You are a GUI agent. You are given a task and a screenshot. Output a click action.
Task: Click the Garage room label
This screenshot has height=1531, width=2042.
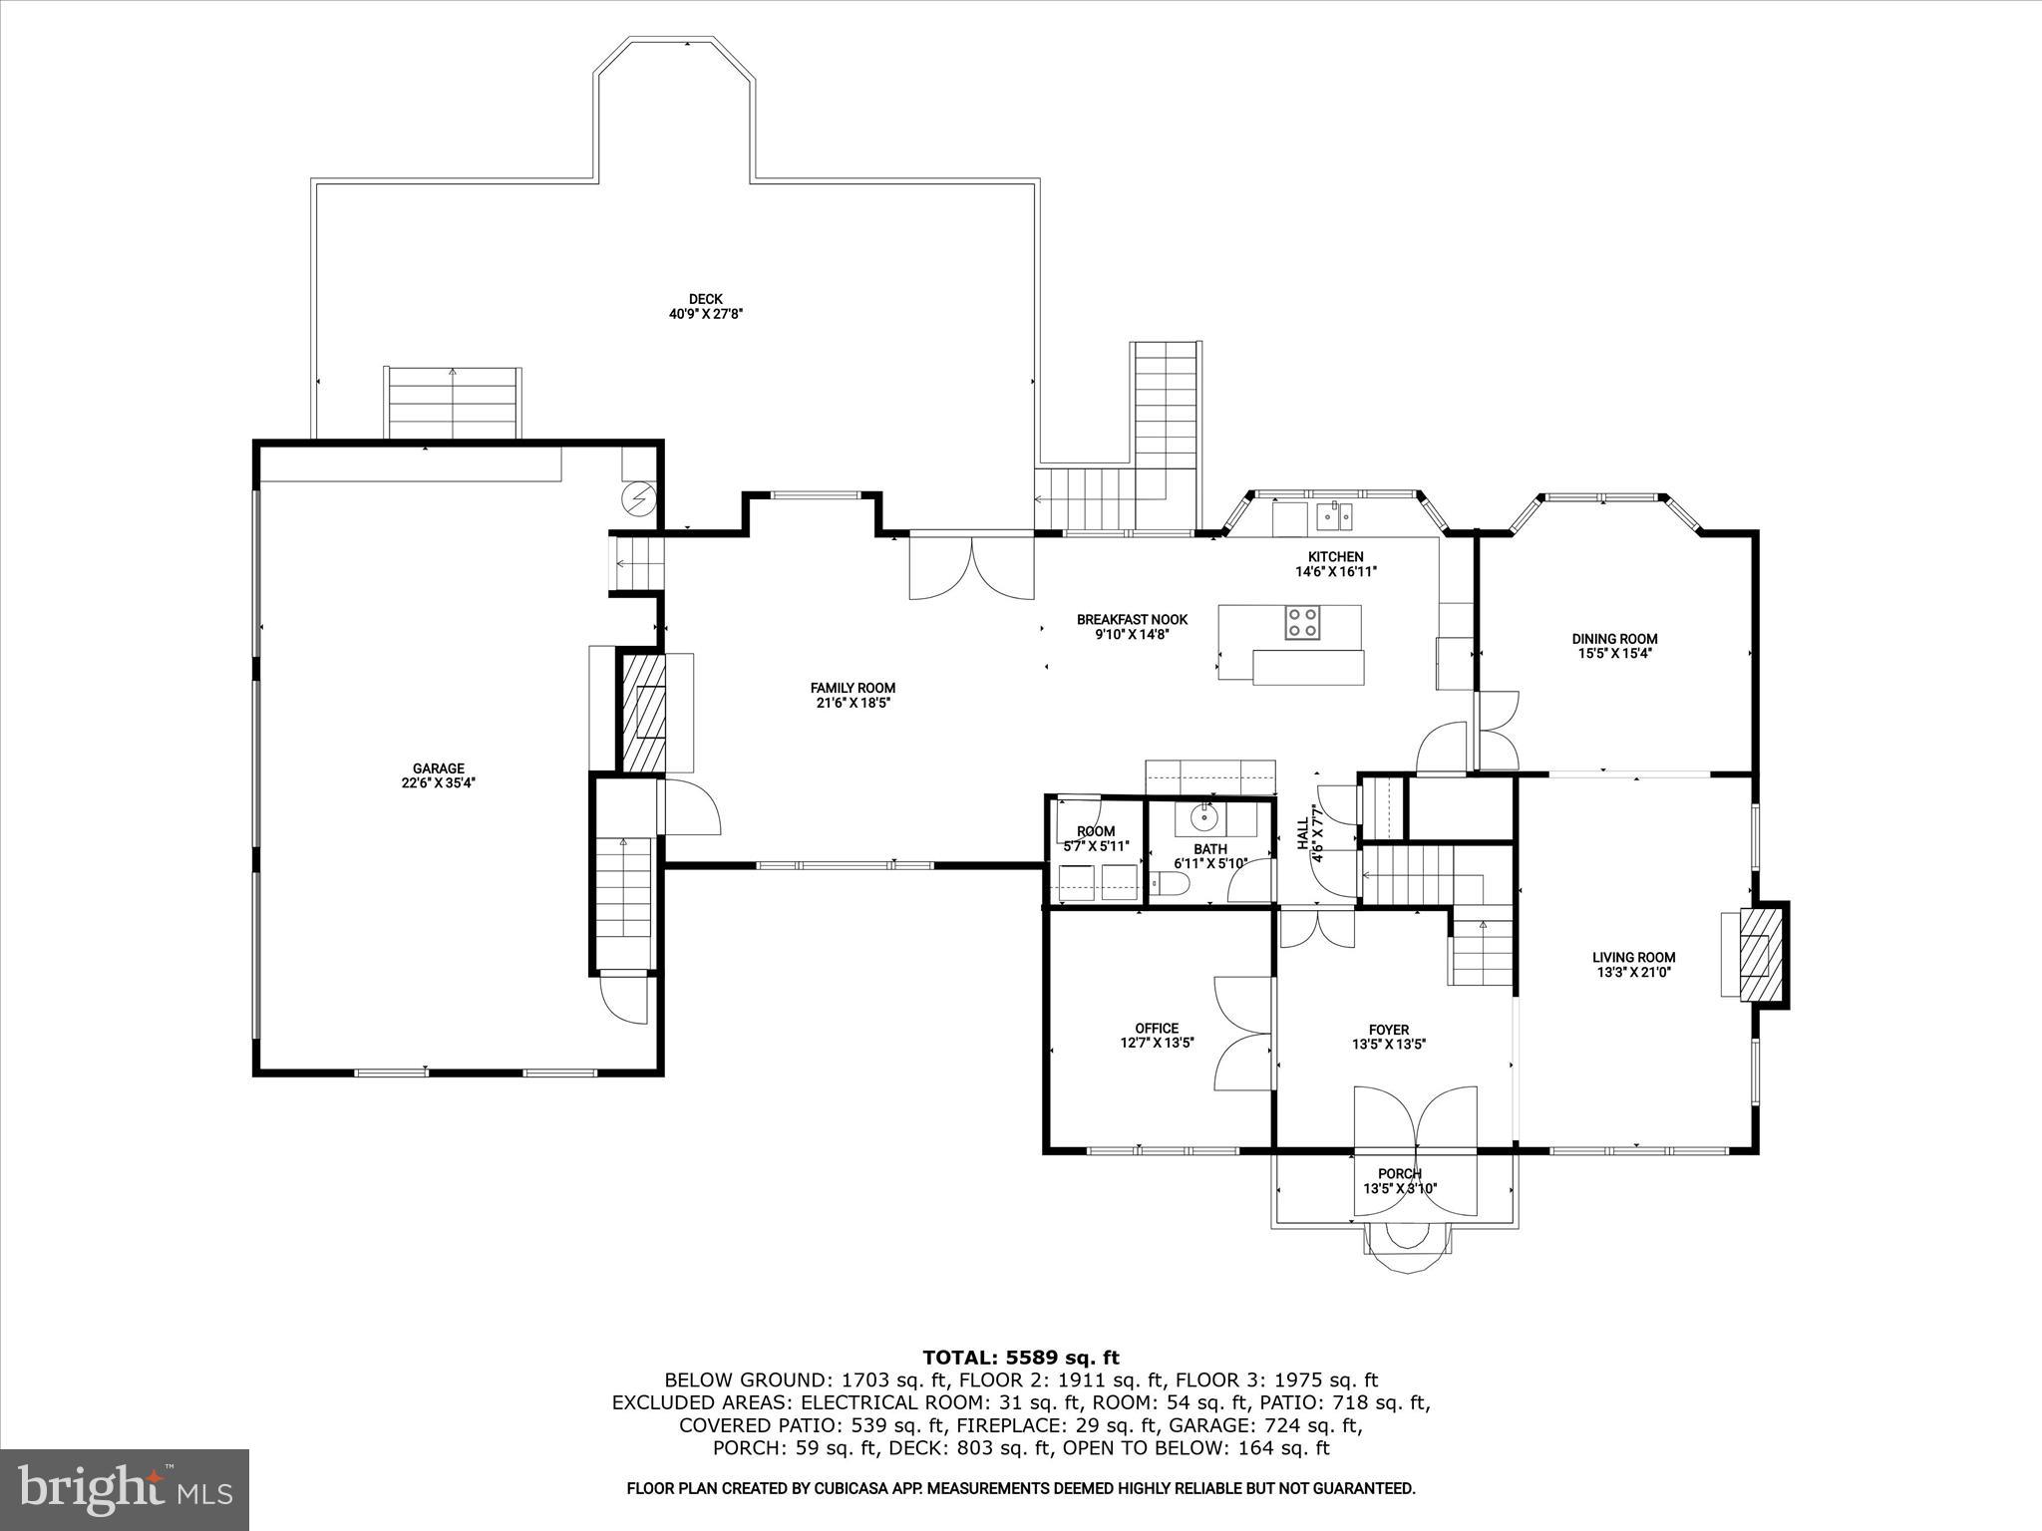tap(439, 768)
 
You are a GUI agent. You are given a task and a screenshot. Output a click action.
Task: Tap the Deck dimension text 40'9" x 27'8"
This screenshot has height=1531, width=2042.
tap(706, 314)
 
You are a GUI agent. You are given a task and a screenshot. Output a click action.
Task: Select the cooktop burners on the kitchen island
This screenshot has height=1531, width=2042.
tap(1302, 623)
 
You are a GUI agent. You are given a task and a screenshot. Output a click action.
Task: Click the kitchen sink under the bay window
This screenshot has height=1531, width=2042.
tap(1333, 515)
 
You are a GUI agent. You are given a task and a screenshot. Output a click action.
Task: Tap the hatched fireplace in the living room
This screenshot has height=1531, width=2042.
tap(1761, 955)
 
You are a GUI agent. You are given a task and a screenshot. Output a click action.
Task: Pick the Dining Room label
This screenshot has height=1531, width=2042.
tap(1614, 639)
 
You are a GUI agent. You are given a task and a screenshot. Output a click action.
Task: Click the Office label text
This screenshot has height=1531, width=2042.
tap(1157, 1028)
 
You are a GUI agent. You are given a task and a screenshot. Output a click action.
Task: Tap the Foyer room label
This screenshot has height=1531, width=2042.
tap(1388, 1030)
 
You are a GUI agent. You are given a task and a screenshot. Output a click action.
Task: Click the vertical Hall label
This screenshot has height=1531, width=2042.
tap(1302, 834)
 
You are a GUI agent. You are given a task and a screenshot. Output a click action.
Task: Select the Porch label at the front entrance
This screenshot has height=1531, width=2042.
tap(1400, 1173)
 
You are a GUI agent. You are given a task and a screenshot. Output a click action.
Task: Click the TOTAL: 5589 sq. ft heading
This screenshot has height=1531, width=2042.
tap(1020, 1358)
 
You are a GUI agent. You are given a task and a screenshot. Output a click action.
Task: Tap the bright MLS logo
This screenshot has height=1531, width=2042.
tap(125, 1489)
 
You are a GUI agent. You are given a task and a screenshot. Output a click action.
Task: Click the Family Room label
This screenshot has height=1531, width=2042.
tap(852, 688)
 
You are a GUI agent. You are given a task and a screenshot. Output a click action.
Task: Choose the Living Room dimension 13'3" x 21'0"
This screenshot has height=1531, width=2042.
tap(1633, 972)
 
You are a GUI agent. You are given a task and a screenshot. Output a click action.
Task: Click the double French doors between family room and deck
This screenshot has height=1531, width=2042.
tap(970, 568)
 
